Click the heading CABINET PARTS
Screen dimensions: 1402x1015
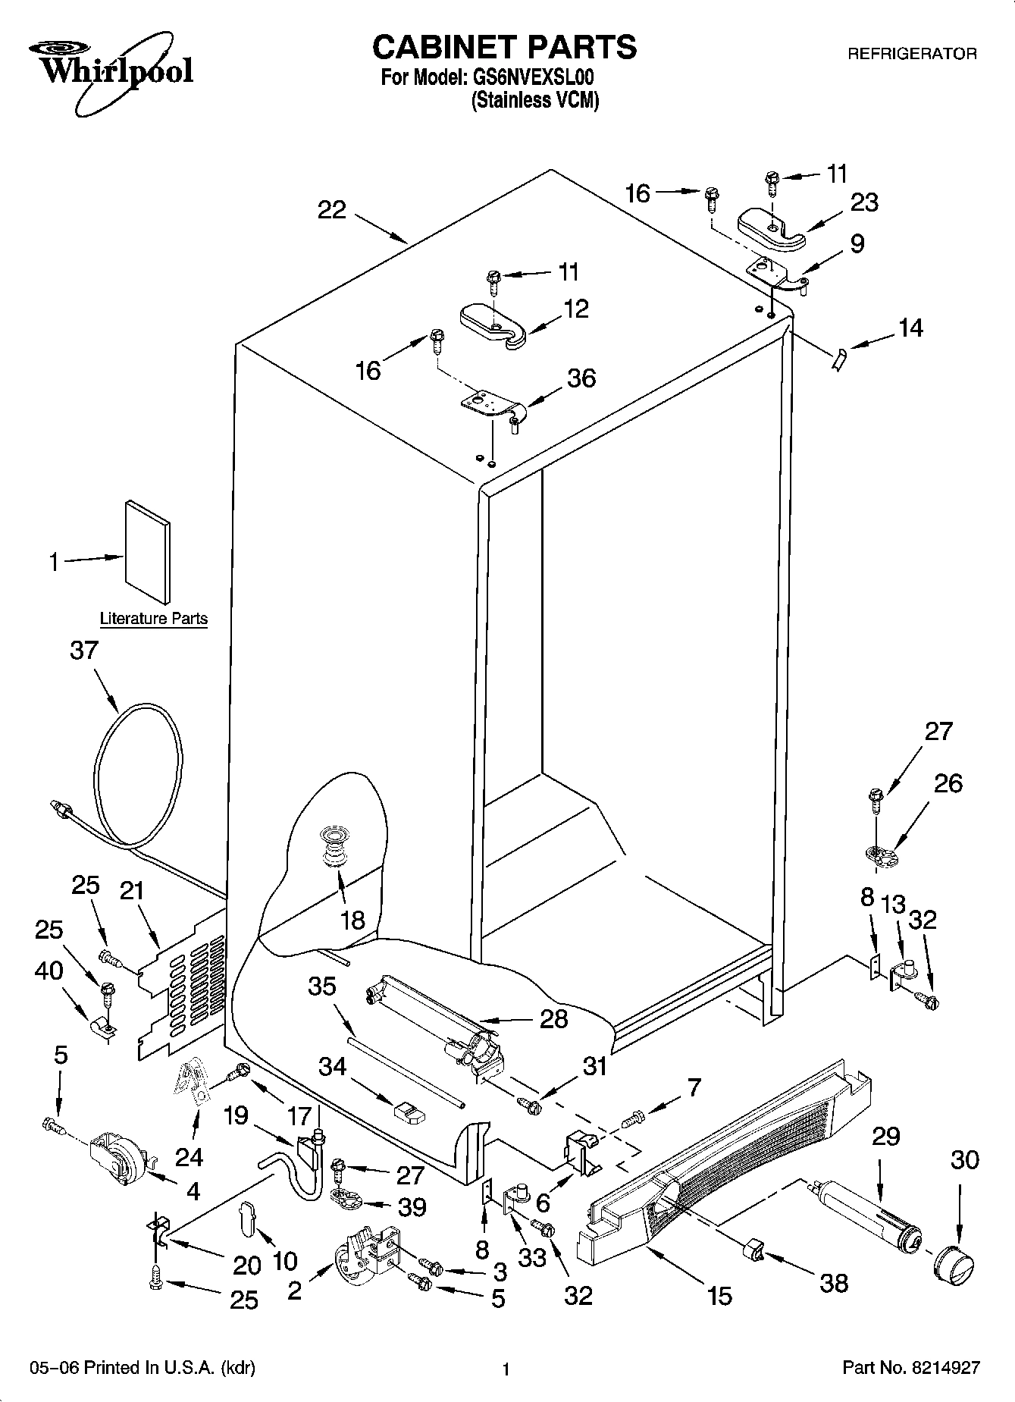point(504,47)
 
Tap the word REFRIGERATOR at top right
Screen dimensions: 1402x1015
point(911,54)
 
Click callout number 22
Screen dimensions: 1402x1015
point(332,210)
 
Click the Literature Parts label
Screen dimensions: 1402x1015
point(154,619)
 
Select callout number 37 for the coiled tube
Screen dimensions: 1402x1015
point(84,651)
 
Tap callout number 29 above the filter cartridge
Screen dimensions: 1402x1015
point(885,1137)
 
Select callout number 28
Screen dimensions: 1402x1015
point(553,1018)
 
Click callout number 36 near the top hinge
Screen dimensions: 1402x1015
point(581,378)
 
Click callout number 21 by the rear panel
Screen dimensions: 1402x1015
point(132,891)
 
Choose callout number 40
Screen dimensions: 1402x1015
point(49,971)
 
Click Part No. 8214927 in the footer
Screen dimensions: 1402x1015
point(911,1368)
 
